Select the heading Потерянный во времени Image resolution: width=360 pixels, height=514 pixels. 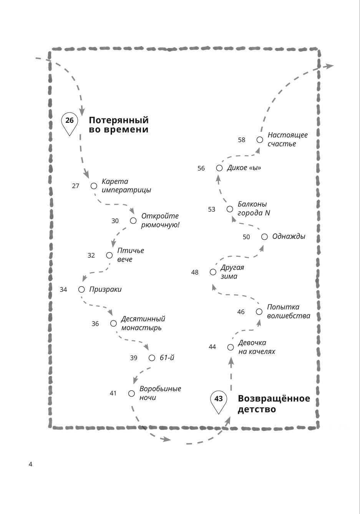click(119, 125)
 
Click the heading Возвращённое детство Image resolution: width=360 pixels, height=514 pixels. click(274, 404)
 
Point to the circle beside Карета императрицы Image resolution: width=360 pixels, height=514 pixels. click(94, 186)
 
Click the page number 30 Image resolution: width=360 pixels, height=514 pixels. click(115, 221)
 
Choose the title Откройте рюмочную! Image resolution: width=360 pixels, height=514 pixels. click(160, 220)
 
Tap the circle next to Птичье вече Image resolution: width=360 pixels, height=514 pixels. click(109, 255)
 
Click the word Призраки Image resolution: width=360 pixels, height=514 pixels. click(105, 289)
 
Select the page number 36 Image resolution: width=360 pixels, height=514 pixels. click(95, 324)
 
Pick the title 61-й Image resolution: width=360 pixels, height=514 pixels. click(167, 358)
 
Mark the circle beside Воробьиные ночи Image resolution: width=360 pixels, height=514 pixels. click(131, 393)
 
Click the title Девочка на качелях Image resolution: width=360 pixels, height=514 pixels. click(256, 347)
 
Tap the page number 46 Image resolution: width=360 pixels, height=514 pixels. click(241, 312)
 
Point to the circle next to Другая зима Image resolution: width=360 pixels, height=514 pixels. click(213, 272)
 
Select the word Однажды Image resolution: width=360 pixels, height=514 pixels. click(289, 236)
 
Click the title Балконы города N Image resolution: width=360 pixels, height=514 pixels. click(254, 208)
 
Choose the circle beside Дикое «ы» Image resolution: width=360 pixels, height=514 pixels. click(219, 168)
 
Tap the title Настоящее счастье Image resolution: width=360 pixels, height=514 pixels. click(287, 139)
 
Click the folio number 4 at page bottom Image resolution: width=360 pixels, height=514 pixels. click(31, 464)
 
